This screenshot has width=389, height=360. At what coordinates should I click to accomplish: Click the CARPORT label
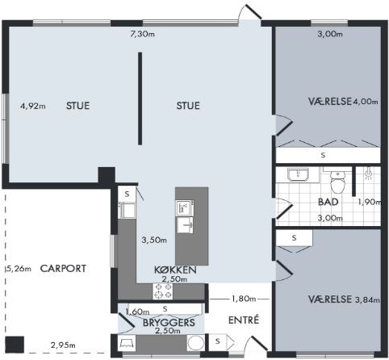pos(63,269)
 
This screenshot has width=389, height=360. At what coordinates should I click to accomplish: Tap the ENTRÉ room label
pos(244,320)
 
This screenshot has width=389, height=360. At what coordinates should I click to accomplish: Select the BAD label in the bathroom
pos(328,202)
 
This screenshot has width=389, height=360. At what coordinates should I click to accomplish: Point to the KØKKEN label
pos(175,270)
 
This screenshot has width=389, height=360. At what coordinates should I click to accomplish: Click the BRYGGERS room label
pos(169,322)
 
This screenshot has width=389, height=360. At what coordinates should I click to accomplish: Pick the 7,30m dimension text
pos(142,34)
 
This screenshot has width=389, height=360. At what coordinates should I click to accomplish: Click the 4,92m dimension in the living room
pos(33,106)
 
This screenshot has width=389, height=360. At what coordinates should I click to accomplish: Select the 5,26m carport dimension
pos(19,269)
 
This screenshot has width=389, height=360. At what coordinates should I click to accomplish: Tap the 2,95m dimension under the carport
pos(63,345)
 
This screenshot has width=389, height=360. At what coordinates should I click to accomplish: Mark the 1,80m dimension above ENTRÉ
pos(243,299)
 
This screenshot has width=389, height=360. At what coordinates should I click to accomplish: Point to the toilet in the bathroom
pos(337,182)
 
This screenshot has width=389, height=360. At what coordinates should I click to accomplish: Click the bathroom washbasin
pos(298,174)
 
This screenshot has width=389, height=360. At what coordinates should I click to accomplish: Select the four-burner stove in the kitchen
pos(163,291)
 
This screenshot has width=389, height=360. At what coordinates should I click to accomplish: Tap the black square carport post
pos(15,345)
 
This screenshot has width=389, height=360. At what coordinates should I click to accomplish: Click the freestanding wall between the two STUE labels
pos(140,98)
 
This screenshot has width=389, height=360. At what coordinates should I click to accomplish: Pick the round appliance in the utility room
pos(195,342)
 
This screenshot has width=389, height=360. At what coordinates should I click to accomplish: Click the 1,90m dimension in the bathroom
pos(370,202)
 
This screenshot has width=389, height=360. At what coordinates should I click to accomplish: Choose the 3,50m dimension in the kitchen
pos(154,240)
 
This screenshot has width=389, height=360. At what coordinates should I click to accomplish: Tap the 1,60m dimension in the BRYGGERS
pos(137,312)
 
